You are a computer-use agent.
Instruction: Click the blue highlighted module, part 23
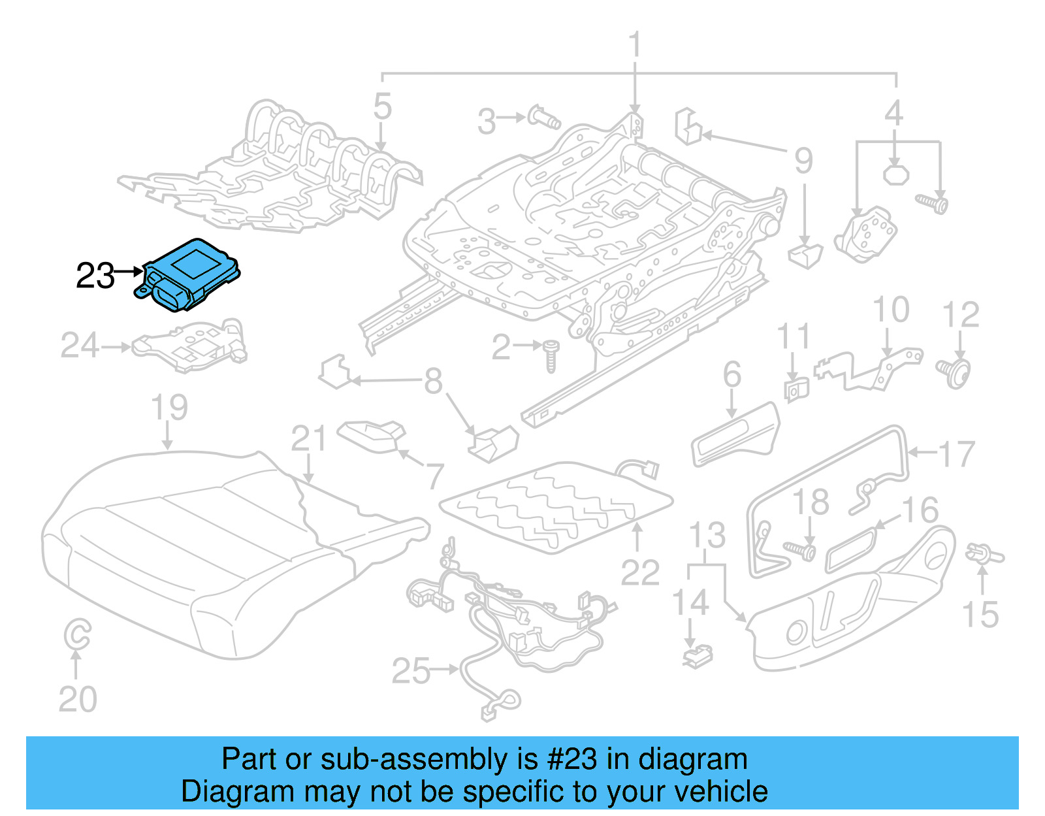(x=189, y=274)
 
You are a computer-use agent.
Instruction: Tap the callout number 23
(x=95, y=276)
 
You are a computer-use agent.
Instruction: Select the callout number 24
(x=80, y=345)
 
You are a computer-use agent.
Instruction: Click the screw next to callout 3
(x=544, y=118)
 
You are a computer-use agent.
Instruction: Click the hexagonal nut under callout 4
(x=895, y=174)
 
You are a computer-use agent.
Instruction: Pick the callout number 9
(x=803, y=161)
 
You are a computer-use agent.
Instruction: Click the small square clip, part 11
(x=796, y=390)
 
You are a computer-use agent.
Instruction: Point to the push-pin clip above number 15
(x=984, y=555)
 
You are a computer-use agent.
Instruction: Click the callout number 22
(x=640, y=573)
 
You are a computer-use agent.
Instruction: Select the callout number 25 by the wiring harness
(x=411, y=671)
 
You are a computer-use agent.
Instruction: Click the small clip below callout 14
(x=698, y=655)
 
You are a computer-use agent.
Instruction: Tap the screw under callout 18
(x=800, y=551)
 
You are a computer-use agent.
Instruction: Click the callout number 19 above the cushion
(x=169, y=407)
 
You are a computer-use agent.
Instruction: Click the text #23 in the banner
(x=571, y=759)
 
